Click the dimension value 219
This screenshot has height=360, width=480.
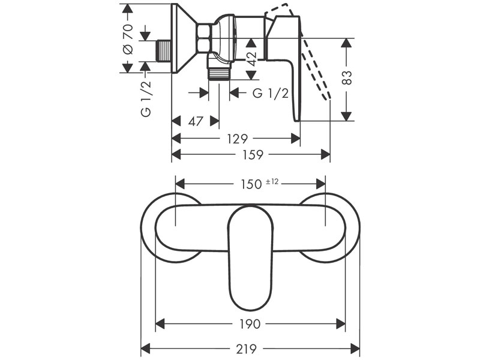click(250, 348)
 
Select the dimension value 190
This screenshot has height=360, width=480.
click(250, 325)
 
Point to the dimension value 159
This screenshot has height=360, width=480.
click(253, 155)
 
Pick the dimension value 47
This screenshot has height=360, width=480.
click(195, 121)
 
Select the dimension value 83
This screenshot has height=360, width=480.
click(349, 79)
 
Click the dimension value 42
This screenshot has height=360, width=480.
click(252, 58)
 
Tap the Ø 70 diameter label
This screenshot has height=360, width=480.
click(127, 39)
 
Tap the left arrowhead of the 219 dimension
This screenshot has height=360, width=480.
click(145, 348)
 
